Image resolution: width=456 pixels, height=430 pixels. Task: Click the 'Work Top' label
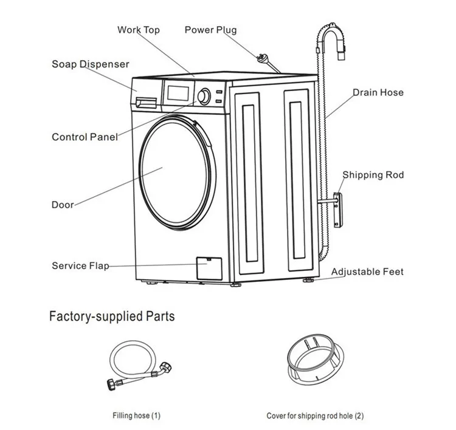pos(139,30)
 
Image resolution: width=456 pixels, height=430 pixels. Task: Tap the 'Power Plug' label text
pos(210,30)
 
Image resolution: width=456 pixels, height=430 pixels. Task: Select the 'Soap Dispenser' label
pos(90,64)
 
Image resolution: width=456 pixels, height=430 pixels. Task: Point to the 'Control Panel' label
pos(85,137)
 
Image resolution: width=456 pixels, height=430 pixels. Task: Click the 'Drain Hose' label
pos(378,92)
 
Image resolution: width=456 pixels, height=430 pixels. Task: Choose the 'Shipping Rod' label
pos(373,175)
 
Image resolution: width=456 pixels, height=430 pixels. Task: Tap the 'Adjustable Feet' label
pos(367,271)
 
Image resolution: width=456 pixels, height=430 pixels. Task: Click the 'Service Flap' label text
pos(80,265)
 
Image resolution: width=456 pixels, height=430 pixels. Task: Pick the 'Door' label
pos(63,205)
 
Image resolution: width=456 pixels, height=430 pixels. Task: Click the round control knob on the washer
pos(204,97)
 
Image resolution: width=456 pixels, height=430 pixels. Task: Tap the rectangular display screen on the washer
pos(178,93)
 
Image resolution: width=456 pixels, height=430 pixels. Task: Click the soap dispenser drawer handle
pos(146,103)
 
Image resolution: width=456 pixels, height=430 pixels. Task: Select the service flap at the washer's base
pos(209,268)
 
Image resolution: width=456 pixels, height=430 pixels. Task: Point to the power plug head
pos(261,58)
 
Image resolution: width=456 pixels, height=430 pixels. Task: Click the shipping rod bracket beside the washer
pos(338,210)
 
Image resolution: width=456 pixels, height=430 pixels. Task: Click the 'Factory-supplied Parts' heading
pos(112,316)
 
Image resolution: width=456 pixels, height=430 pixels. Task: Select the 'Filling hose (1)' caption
pos(136,415)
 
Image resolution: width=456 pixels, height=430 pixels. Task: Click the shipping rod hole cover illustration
pos(316,359)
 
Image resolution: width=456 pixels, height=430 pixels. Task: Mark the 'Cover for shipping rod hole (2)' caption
pos(315,416)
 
